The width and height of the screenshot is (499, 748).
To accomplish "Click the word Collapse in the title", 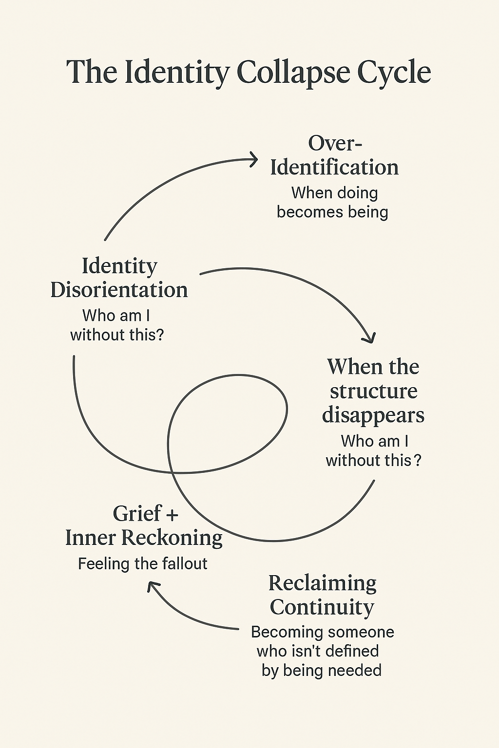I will coord(294,73).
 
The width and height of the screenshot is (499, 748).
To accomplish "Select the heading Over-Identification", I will coord(335,155).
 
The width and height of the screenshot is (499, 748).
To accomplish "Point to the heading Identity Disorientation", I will coord(119,278).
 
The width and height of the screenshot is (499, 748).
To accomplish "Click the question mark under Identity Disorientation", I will coord(158,335).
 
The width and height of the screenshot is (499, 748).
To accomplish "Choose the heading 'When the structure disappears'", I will coord(373,391).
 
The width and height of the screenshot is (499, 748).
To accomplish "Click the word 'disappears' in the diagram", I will coord(373,415).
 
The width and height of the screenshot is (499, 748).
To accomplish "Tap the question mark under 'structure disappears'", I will coord(417,460).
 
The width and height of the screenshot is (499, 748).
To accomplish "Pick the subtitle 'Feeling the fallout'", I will coord(143,564).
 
